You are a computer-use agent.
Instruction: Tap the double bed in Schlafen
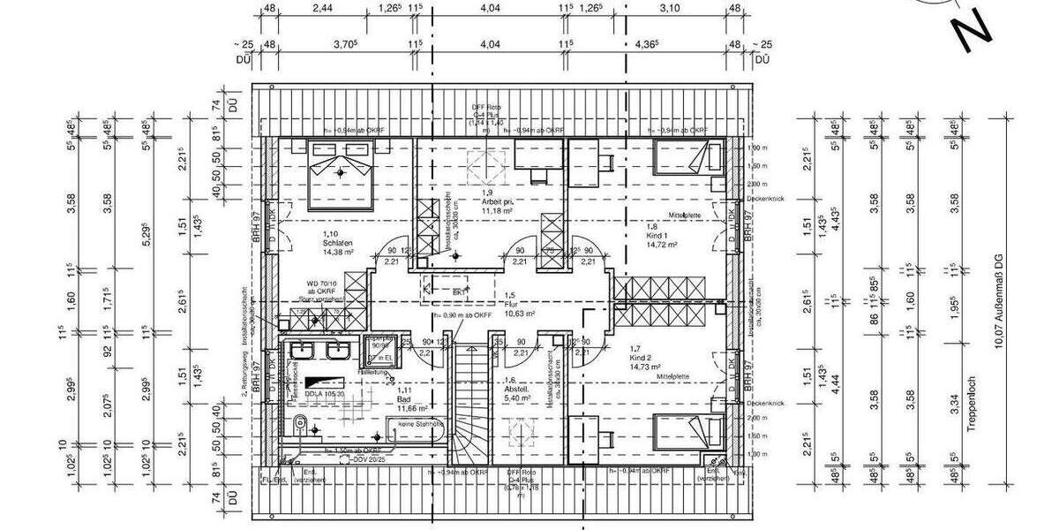341,170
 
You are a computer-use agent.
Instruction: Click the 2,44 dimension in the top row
321,9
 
